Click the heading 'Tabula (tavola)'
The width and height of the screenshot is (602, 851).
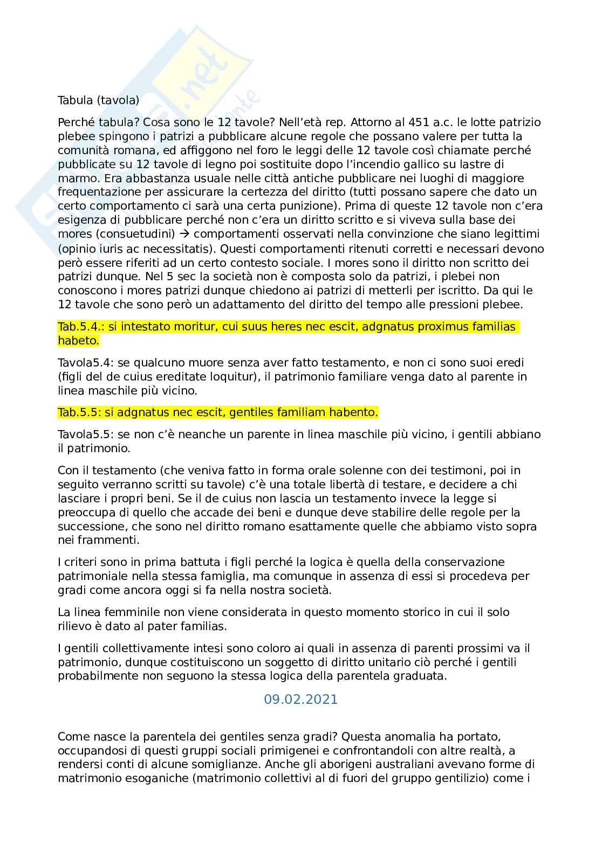99,100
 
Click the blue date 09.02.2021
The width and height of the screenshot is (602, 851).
300,700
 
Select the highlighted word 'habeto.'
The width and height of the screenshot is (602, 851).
79,341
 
